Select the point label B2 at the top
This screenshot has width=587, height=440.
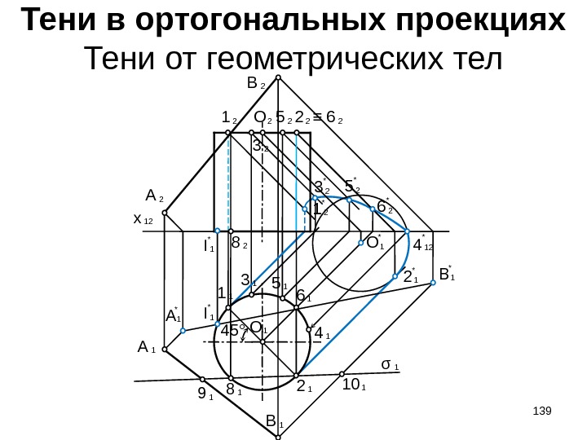click(255, 85)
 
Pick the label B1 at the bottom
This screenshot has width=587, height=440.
click(274, 423)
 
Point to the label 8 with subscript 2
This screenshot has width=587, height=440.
click(240, 242)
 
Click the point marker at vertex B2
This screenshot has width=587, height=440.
click(278, 78)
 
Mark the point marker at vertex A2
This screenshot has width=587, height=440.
click(165, 213)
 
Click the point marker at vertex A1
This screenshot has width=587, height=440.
click(165, 349)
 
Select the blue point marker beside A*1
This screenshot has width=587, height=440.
click(183, 331)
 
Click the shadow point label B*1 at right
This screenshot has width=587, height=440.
click(446, 274)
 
